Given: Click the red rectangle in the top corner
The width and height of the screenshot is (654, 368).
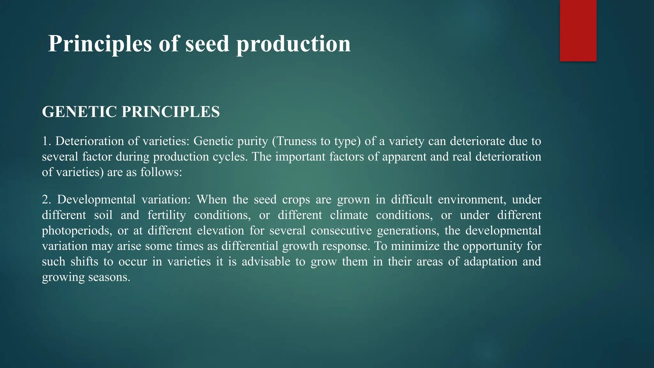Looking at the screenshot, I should (x=578, y=31).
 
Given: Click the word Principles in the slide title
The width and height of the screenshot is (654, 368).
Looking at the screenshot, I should (x=100, y=44).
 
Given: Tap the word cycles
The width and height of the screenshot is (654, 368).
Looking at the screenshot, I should (x=230, y=157).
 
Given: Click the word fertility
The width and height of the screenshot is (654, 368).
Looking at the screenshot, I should (x=166, y=215).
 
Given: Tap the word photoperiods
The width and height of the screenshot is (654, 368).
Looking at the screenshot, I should (x=77, y=231).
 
